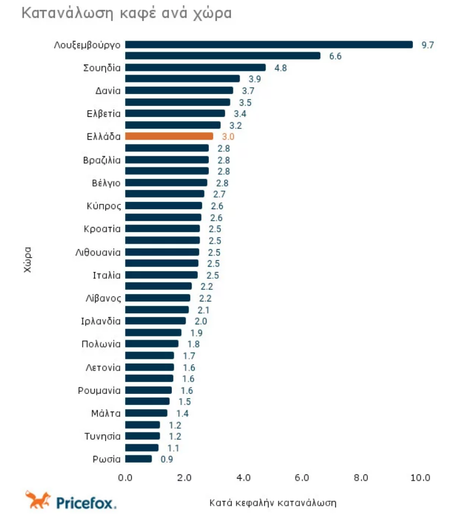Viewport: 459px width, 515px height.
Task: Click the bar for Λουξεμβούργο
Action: (269, 44)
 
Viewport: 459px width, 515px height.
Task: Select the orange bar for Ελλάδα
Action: (169, 136)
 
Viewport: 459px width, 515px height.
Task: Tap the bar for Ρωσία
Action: (138, 458)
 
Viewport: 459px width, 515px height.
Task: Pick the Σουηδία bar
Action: (195, 68)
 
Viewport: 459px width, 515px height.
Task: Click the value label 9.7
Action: (428, 45)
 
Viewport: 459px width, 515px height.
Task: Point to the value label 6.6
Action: (335, 56)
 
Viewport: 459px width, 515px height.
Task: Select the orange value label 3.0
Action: (227, 137)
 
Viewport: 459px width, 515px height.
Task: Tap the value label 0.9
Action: (166, 459)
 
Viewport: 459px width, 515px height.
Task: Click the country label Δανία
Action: (108, 90)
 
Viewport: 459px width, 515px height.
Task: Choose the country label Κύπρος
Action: (104, 206)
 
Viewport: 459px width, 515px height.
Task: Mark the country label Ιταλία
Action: (106, 275)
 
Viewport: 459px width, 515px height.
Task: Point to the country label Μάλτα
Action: (105, 413)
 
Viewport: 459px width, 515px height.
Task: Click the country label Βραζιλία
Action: (102, 160)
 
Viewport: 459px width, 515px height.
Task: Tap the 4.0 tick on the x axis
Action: (243, 477)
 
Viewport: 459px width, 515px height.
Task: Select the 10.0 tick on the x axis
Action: (420, 477)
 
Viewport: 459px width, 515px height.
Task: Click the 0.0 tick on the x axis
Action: (125, 477)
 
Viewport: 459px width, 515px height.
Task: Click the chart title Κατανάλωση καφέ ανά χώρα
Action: (127, 14)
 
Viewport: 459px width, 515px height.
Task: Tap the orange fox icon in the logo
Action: (37, 500)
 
